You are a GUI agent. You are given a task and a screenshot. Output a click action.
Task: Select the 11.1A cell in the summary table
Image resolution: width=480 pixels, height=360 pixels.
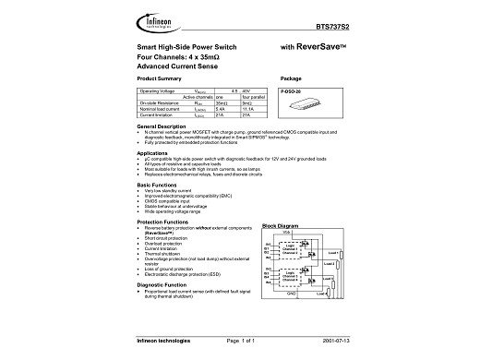(x=246, y=109)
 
